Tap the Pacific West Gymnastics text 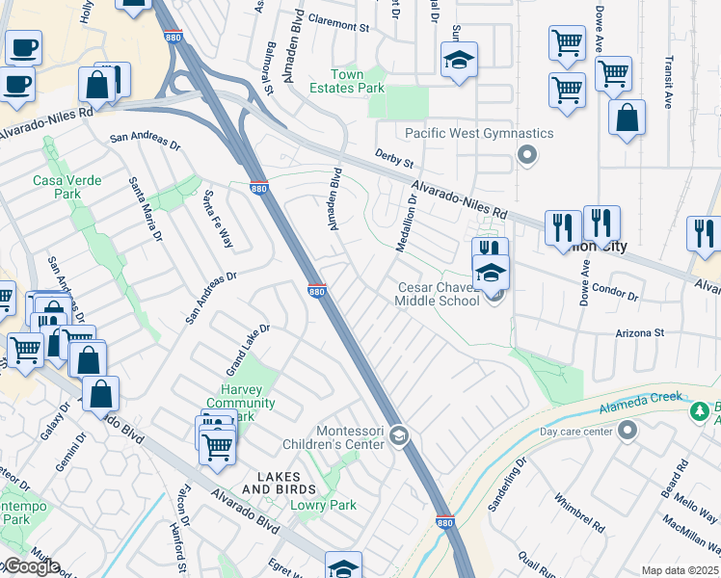[x=479, y=133]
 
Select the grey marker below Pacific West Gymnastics [x=526, y=154]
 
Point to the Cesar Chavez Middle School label [x=439, y=294]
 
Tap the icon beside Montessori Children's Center [x=399, y=438]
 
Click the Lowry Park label [x=324, y=505]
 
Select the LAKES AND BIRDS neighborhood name [x=271, y=484]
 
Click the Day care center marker [x=628, y=430]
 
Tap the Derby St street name [x=393, y=156]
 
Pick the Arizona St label [x=641, y=332]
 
